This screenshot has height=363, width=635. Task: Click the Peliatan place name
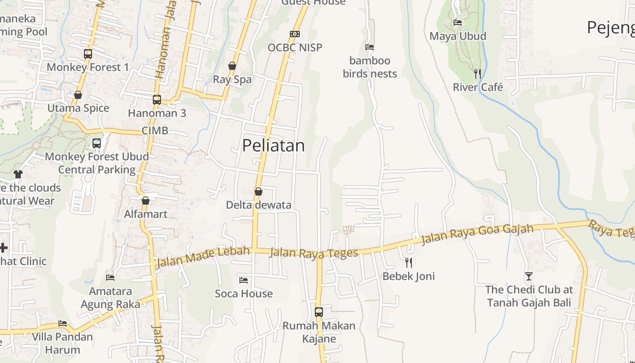tap(273, 146)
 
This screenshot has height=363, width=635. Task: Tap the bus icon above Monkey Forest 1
tap(88, 54)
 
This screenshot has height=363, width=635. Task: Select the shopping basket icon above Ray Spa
tap(232, 66)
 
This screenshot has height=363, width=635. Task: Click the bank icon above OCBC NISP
tap(295, 34)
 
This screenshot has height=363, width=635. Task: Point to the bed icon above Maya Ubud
tap(458, 22)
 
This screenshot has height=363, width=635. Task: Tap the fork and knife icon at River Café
tap(477, 74)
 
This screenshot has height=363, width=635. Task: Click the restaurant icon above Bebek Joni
tap(409, 262)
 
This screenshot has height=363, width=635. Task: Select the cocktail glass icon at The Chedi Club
tap(528, 276)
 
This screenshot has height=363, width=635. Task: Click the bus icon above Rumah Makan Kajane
tap(319, 312)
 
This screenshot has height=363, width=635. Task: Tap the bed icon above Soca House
tap(244, 280)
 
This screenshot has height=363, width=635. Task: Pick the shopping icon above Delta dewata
tap(259, 191)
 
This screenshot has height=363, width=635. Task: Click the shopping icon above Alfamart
tap(146, 200)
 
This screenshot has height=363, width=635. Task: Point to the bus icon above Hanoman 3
tap(157, 100)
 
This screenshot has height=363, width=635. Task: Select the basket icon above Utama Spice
tap(78, 95)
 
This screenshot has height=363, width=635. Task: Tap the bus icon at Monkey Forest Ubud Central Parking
tap(97, 143)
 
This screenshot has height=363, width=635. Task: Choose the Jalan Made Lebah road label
tap(202, 257)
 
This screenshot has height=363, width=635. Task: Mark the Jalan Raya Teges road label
tap(313, 253)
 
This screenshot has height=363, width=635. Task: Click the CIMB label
tap(155, 131)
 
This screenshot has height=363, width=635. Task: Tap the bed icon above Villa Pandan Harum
tap(63, 324)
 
